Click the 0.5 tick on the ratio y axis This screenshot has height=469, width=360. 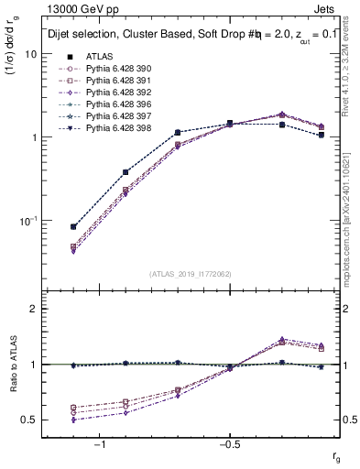click(30, 420)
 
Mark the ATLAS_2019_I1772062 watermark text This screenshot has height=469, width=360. click(191, 273)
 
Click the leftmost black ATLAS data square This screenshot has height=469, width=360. click(73, 226)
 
